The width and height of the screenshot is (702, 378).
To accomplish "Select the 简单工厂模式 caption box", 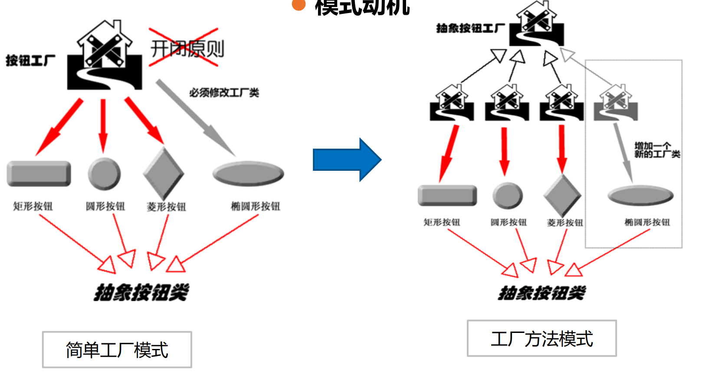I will coord(117,349).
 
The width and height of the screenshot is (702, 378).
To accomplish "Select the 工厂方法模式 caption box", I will coord(541,338).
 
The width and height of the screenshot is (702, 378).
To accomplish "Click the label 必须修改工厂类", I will coord(224,92).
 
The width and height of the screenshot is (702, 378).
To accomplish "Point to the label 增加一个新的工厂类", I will coord(656,150).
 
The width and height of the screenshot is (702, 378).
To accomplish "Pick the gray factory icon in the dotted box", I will coord(616,104).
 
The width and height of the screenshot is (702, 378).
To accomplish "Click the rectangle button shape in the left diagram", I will coord(39,173).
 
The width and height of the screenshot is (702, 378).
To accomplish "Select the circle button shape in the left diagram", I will coord(104,174).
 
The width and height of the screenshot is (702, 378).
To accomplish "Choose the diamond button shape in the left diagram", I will coord(164,173).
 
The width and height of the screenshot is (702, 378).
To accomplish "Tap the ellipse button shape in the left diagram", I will coord(248,173).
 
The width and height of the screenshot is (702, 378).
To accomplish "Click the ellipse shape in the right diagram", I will coord(640,195).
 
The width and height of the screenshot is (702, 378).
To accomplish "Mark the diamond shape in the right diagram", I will coord(562,196).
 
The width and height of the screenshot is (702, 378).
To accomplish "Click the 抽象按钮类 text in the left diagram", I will coord(141,293).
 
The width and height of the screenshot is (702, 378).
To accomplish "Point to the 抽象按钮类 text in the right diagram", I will coord(542,293).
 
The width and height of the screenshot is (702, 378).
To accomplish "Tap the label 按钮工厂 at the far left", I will coord(30,60).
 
